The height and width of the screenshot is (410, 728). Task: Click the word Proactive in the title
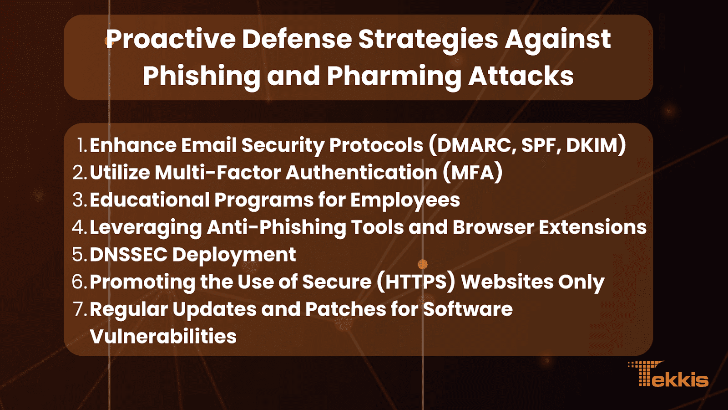click(171, 39)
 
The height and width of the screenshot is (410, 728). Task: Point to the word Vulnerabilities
click(163, 336)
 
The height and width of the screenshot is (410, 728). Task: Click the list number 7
click(80, 309)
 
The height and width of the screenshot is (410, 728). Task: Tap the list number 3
click(80, 200)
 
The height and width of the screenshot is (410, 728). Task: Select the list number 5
click(80, 255)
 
